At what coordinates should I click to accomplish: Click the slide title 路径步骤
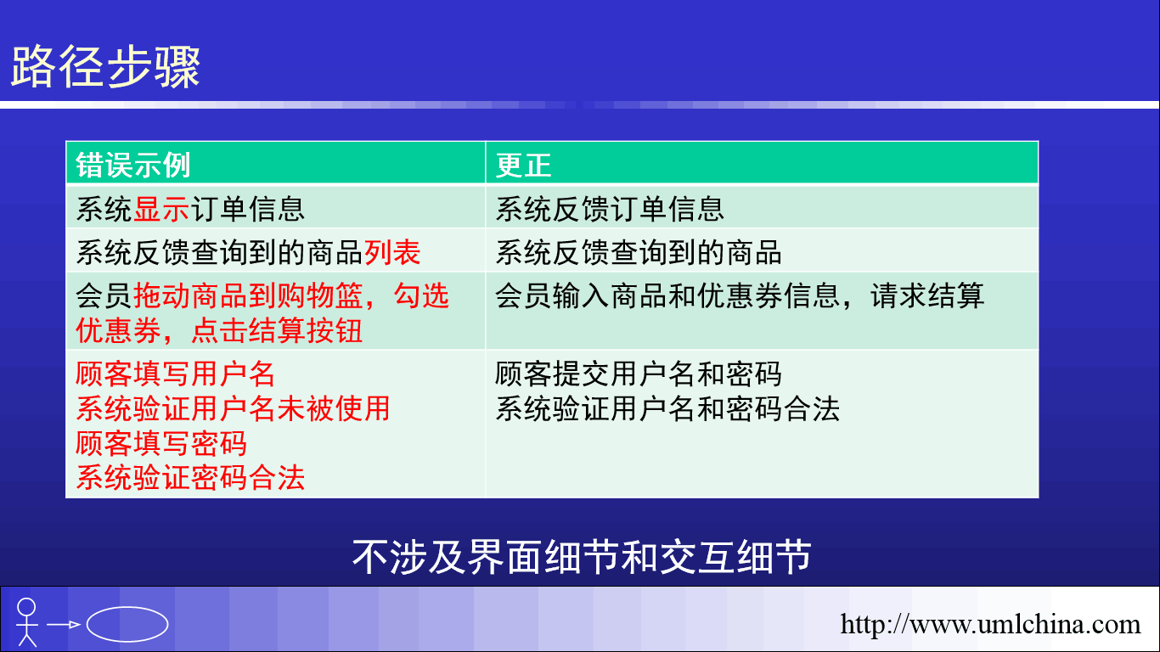(105, 67)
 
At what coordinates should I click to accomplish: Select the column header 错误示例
(133, 166)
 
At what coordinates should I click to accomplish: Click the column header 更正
(524, 166)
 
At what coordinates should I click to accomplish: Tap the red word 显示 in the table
(161, 209)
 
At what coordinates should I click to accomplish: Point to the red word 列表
(392, 253)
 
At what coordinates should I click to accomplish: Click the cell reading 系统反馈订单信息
(610, 209)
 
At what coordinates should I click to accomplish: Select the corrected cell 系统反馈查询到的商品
(638, 253)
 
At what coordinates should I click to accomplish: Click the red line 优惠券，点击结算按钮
(219, 330)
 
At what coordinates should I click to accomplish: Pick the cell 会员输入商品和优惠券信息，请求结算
(740, 295)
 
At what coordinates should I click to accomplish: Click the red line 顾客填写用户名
(175, 374)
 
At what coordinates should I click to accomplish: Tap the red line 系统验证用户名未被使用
(233, 408)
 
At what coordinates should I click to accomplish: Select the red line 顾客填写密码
(161, 443)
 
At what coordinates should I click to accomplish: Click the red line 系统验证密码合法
(190, 477)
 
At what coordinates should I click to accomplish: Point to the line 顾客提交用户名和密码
(638, 374)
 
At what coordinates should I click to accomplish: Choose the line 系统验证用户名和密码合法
(667, 408)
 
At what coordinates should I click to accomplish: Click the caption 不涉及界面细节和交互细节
(582, 557)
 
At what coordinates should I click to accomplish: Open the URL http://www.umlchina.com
(990, 624)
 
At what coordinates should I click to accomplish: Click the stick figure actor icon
(27, 622)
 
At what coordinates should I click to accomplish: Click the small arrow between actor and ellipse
(63, 625)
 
